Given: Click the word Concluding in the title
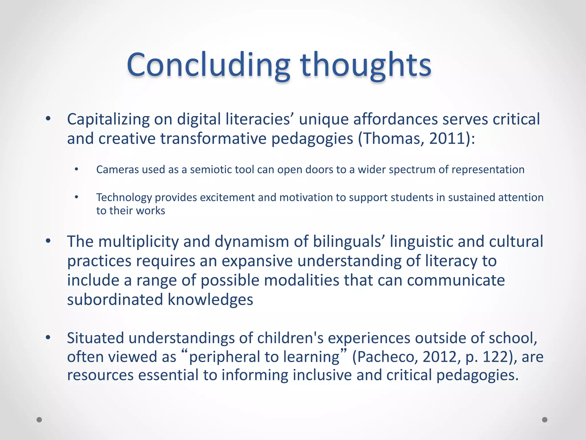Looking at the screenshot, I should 208,65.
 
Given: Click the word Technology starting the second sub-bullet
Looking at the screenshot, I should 124,197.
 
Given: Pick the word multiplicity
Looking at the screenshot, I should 138,241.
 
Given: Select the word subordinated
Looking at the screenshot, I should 115,300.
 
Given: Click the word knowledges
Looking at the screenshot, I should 210,300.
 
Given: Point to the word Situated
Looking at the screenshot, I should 95,338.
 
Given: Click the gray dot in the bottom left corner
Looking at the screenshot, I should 39,420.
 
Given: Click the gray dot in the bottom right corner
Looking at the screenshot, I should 545,420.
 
